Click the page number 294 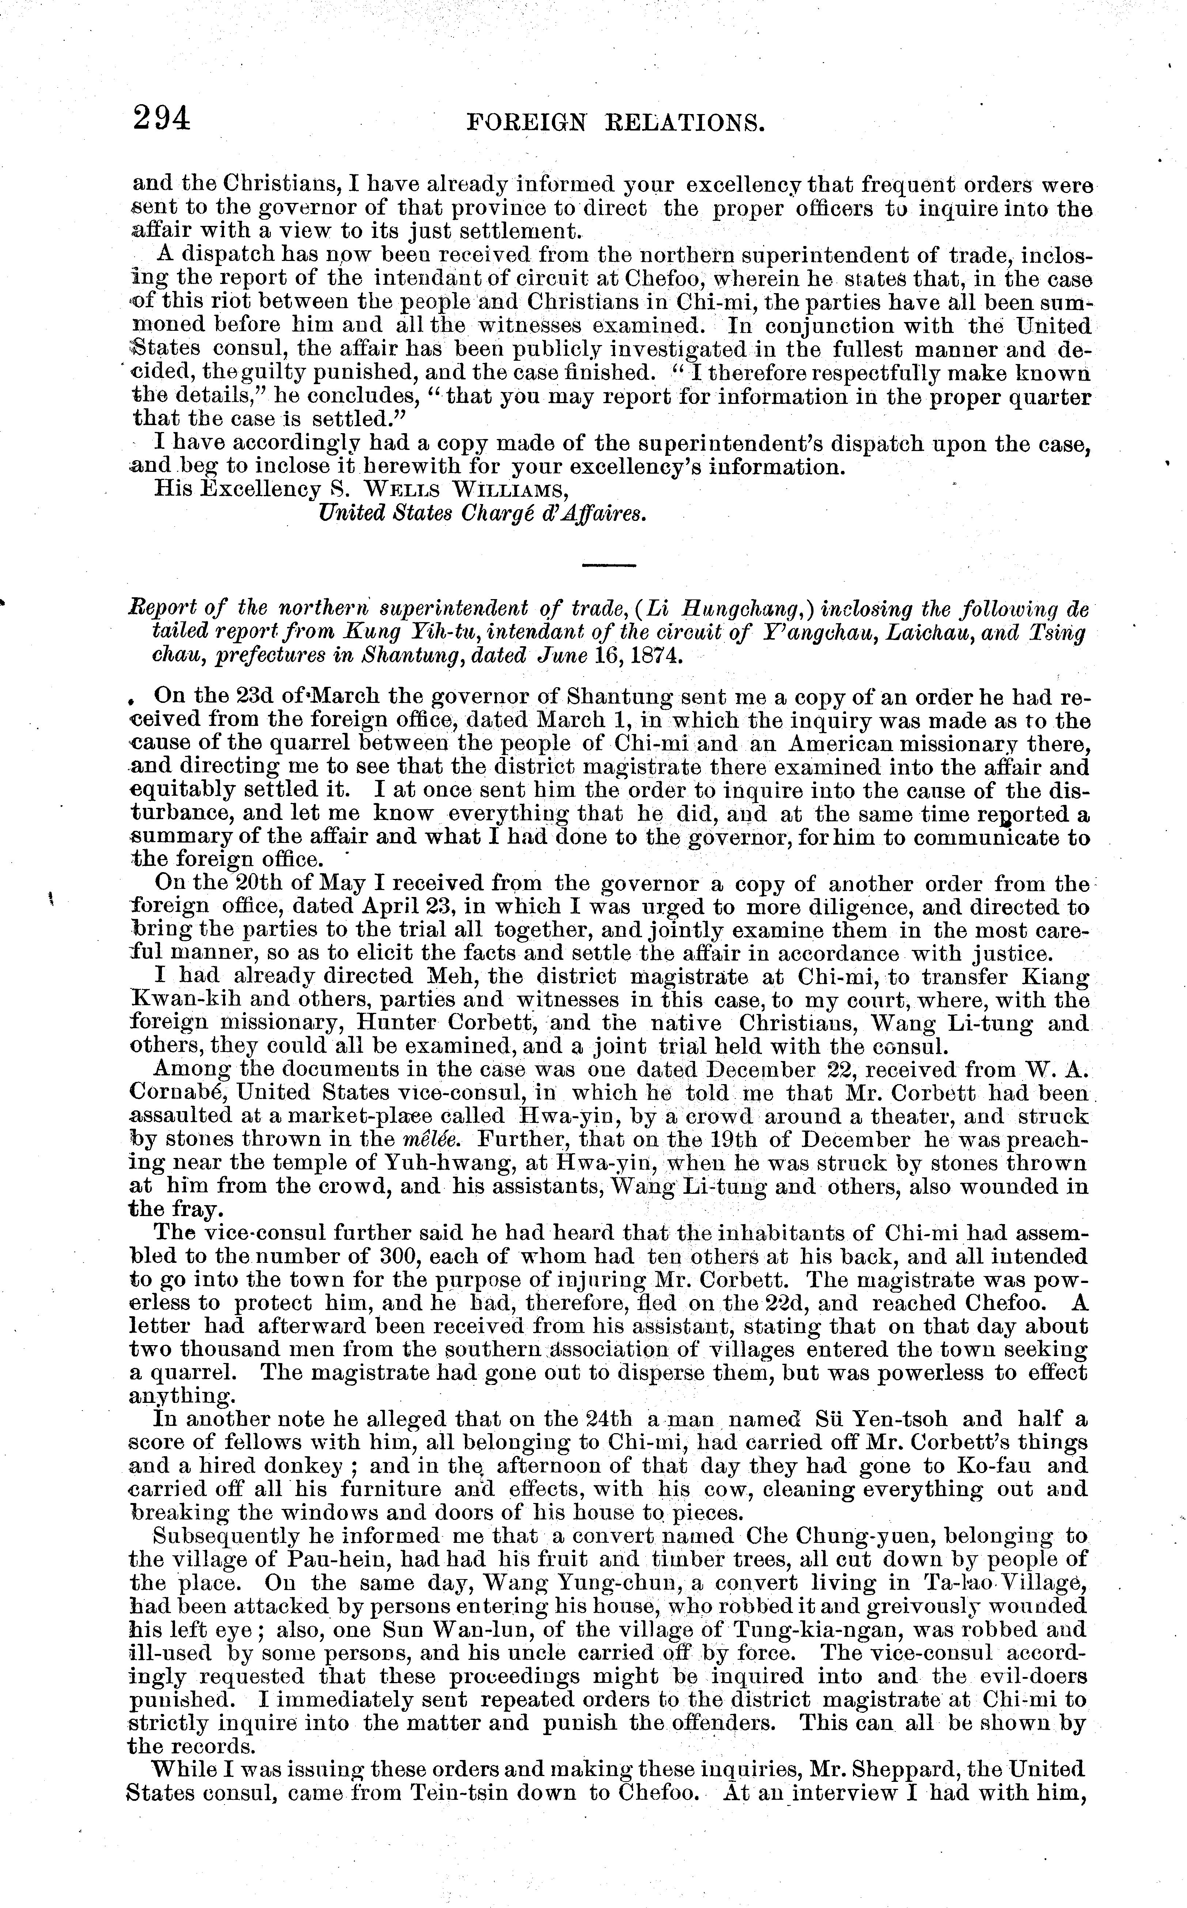click(162, 118)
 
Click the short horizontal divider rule click(608, 565)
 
